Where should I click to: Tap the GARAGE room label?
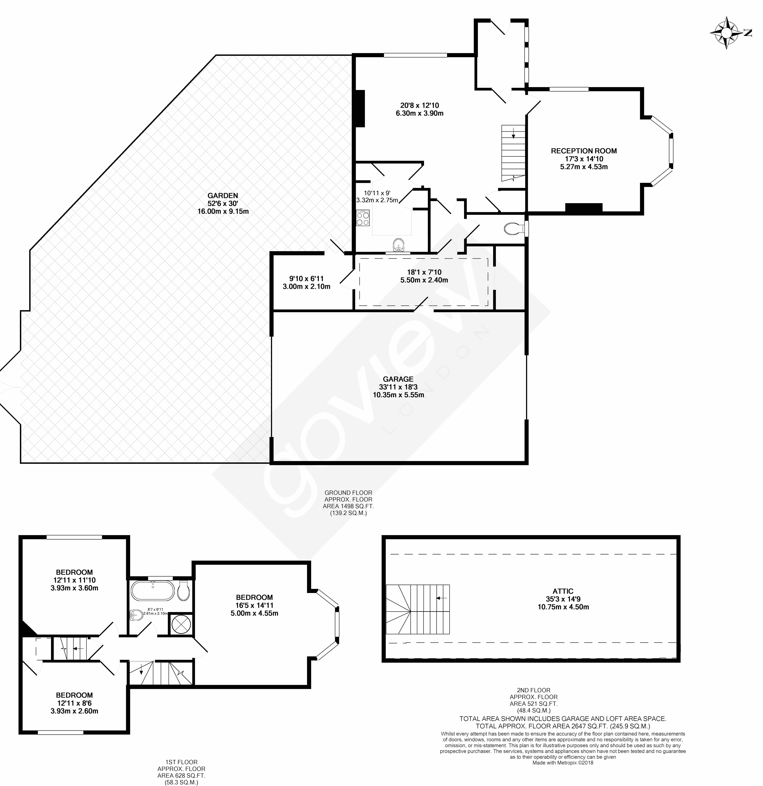[x=398, y=379]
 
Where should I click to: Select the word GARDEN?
[x=223, y=196]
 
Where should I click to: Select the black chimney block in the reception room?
[x=584, y=207]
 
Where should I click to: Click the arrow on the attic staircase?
[x=441, y=610]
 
